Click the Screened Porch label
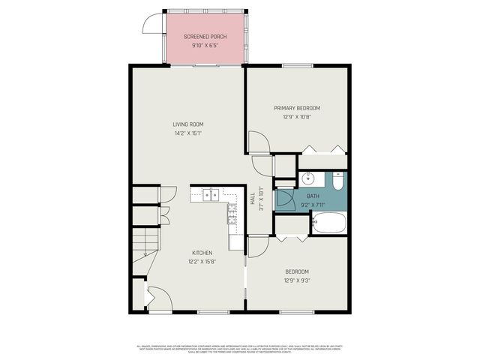coord(205,37)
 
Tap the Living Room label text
coord(187,124)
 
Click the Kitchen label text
coord(202,253)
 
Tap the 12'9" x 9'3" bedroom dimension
coord(296,280)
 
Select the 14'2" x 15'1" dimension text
coord(187,133)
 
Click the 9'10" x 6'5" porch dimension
coord(205,46)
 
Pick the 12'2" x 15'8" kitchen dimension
coord(202,262)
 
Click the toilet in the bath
coord(337,181)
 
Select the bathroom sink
coord(309,179)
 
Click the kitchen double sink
coord(210,195)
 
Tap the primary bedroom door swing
coord(257,142)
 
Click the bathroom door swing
coord(285,198)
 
